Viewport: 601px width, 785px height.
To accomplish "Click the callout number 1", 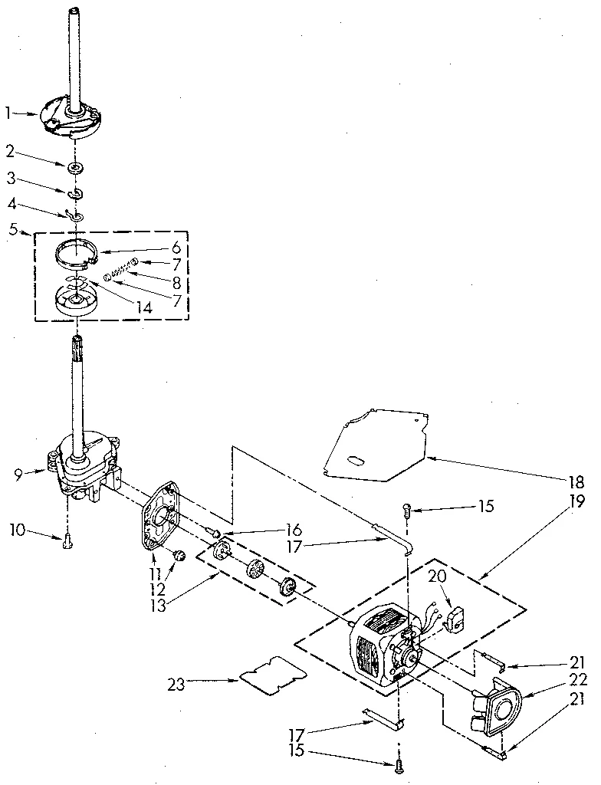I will (9, 113).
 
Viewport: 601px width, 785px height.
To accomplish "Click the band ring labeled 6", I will (77, 251).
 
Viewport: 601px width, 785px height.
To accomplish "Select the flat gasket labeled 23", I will (272, 675).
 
